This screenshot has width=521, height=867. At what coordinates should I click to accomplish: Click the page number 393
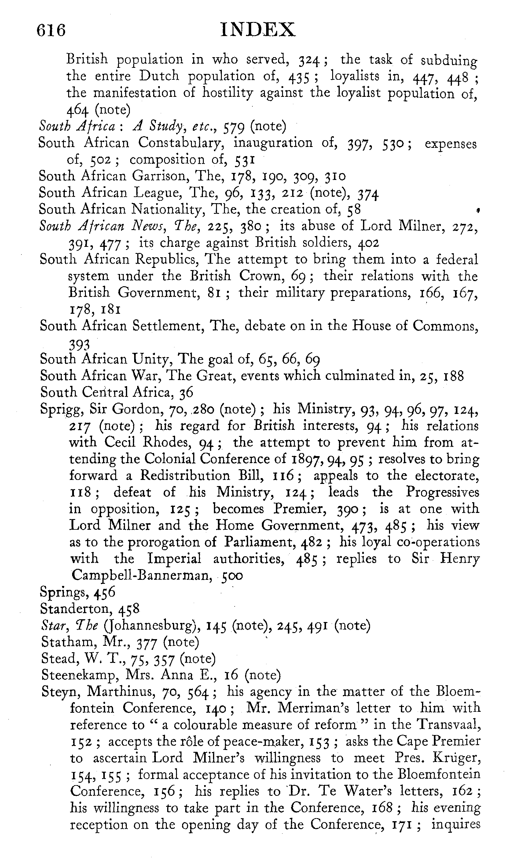79,346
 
